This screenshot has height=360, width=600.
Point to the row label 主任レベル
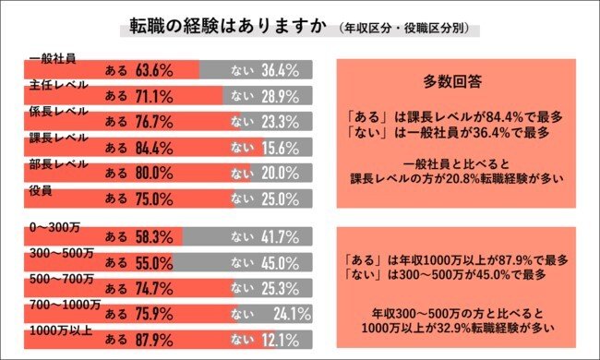(x=57, y=84)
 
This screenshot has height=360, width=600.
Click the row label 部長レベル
(x=57, y=162)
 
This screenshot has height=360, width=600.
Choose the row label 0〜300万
(x=54, y=226)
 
